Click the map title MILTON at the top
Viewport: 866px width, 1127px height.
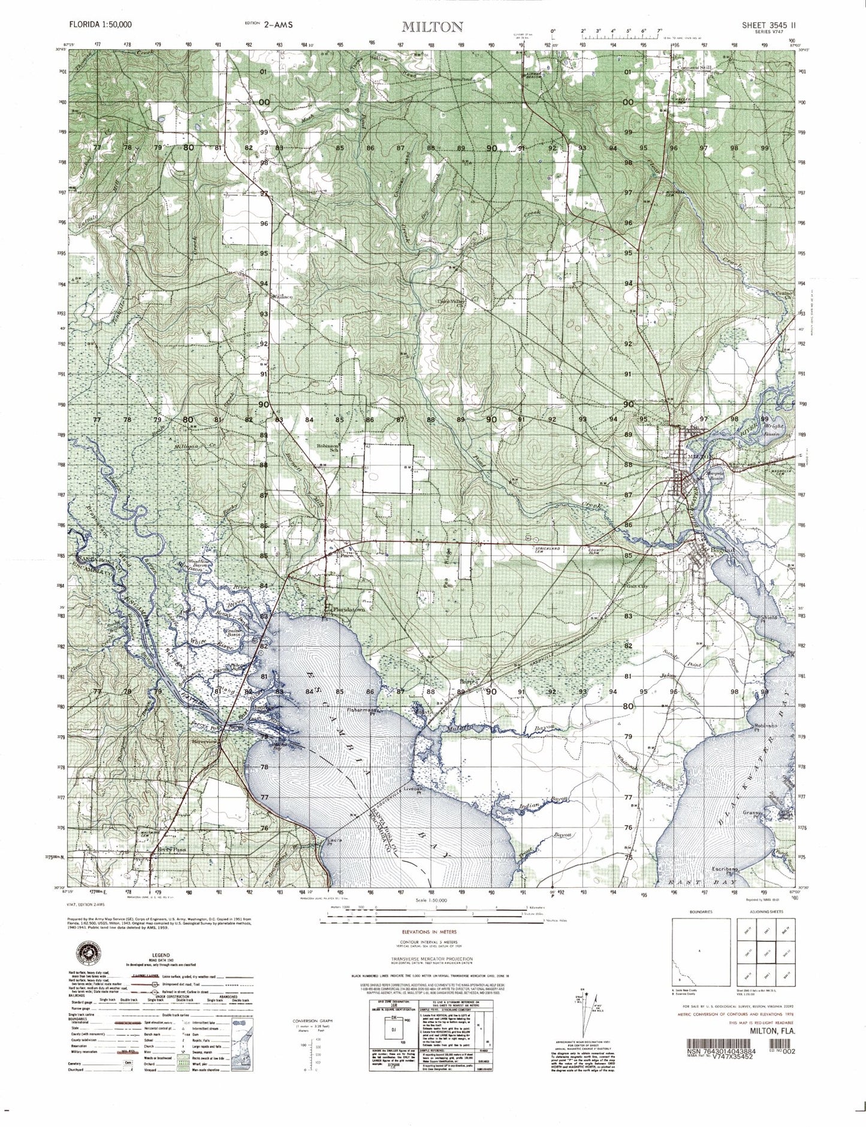(x=432, y=26)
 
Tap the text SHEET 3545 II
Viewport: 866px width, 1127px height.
(x=769, y=25)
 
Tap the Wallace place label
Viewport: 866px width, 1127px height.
(x=283, y=297)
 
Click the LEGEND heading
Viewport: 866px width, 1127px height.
(x=161, y=955)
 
